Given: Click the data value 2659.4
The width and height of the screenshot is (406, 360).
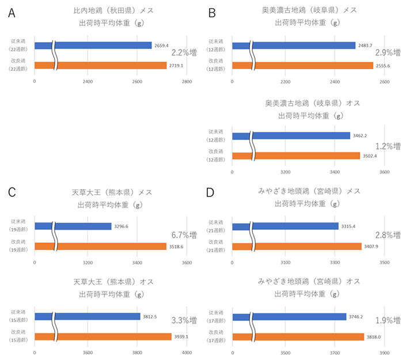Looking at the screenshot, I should (x=162, y=46).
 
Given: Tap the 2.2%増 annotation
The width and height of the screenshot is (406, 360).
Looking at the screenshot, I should (x=184, y=53).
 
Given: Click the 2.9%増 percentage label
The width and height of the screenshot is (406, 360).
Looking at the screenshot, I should (x=388, y=53).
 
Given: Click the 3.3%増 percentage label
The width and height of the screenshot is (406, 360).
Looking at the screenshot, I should (x=184, y=320).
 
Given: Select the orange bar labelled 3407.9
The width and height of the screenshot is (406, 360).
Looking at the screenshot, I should (x=297, y=247).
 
